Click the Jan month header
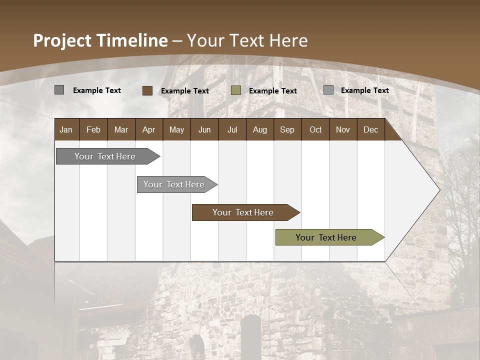tap(66, 130)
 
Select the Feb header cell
tap(93, 130)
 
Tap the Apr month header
tap(148, 130)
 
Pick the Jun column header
tap(204, 130)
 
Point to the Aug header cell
tap(259, 130)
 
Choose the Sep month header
tap(287, 130)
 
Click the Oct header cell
tap(315, 130)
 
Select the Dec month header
tap(370, 130)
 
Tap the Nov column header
tap(343, 130)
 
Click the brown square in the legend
tap(147, 90)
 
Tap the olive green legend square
tap(236, 90)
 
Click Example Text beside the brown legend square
tap(185, 91)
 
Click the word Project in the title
tap(63, 40)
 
